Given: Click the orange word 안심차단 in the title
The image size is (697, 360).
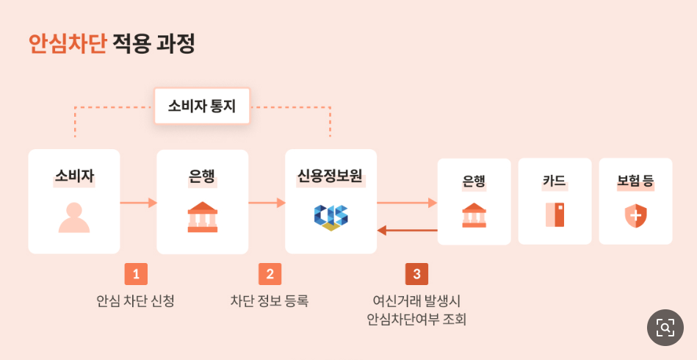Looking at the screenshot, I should click(x=68, y=44).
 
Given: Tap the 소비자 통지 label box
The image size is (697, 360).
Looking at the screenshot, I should click(x=202, y=106).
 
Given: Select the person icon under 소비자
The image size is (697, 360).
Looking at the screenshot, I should click(x=73, y=217).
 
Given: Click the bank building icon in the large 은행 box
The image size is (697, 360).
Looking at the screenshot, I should click(x=203, y=217).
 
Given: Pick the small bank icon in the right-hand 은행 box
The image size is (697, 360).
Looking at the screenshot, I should click(x=474, y=215).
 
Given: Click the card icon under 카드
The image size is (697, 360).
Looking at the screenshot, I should click(x=555, y=215).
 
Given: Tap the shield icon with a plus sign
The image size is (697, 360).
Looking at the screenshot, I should click(x=635, y=216).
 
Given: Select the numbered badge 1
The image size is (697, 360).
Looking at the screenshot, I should click(x=136, y=274).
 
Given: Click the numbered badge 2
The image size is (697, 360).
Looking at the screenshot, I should click(x=270, y=274).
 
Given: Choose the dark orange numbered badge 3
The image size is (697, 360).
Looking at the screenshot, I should click(x=416, y=274).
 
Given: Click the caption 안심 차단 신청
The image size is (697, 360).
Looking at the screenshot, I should click(x=136, y=300).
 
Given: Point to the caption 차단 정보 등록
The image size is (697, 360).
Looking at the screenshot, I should click(x=270, y=300).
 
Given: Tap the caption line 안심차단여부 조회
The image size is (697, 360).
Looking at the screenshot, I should click(x=416, y=320).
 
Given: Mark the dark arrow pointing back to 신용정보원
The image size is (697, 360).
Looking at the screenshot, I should click(x=407, y=231).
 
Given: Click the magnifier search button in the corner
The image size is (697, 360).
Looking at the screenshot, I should click(x=665, y=328).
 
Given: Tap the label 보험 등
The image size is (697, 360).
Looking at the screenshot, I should click(x=635, y=181).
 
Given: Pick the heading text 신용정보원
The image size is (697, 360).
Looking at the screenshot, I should click(x=331, y=176).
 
